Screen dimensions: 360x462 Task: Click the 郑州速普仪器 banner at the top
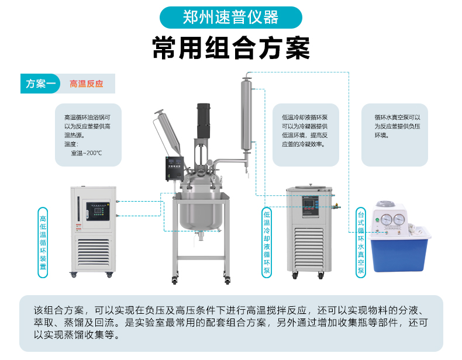pyautogui.click(x=230, y=18)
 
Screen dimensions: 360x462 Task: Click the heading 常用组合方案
pyautogui.click(x=230, y=49)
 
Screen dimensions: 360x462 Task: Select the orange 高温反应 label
pyautogui.click(x=86, y=84)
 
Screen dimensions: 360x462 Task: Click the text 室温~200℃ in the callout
pyautogui.click(x=87, y=153)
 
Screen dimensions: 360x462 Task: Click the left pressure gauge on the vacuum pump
pyautogui.click(x=387, y=219)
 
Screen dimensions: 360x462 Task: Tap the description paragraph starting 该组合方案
pyautogui.click(x=230, y=323)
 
